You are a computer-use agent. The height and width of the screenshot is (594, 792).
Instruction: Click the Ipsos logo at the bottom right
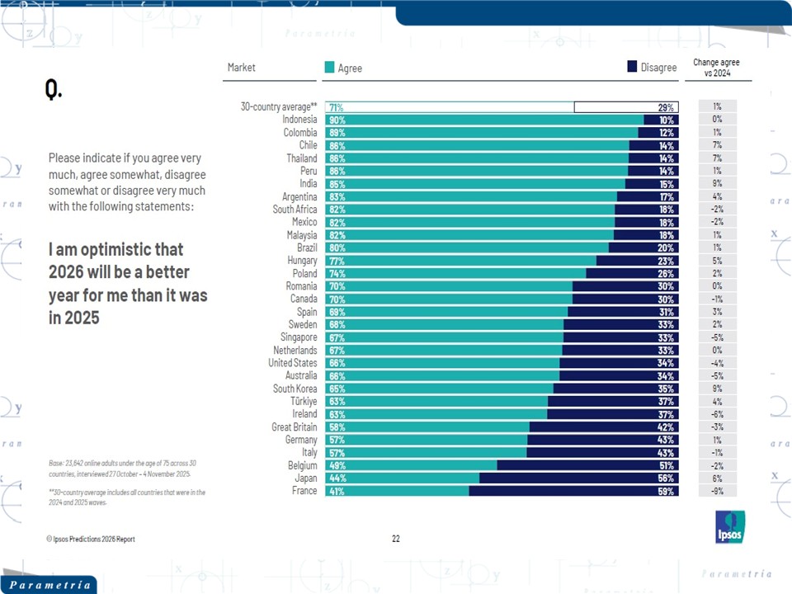click(x=730, y=526)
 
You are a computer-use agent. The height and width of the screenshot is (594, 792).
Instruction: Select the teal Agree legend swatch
click(x=330, y=68)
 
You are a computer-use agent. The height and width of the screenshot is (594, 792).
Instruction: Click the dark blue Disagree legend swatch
click(x=633, y=68)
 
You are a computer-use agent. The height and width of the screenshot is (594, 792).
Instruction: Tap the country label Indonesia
click(x=299, y=120)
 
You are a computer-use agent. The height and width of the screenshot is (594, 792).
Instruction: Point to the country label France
click(x=304, y=491)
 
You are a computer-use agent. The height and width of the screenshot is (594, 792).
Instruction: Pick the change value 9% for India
click(x=716, y=184)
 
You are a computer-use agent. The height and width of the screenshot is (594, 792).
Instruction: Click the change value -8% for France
click(x=716, y=491)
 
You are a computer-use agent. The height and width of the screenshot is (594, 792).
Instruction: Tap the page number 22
click(x=396, y=539)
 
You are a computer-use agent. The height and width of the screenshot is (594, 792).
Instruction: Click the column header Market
click(x=242, y=68)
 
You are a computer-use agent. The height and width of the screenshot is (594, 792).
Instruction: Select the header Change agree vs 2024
click(x=716, y=68)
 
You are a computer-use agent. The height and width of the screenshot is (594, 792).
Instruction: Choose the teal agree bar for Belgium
click(x=412, y=465)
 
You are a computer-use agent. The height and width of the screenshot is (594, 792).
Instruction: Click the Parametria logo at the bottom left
click(x=48, y=585)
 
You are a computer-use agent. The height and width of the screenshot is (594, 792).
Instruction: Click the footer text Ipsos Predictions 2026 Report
click(x=91, y=539)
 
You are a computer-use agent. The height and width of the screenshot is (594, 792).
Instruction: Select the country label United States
click(x=292, y=363)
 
